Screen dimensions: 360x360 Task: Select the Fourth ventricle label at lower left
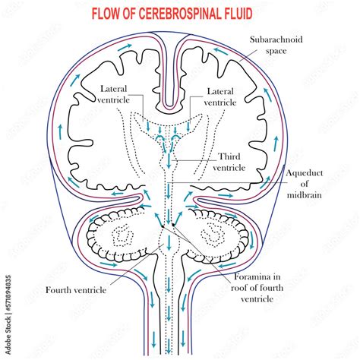click(x=79, y=289)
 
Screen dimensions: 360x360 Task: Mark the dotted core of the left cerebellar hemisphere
click(x=122, y=235)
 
